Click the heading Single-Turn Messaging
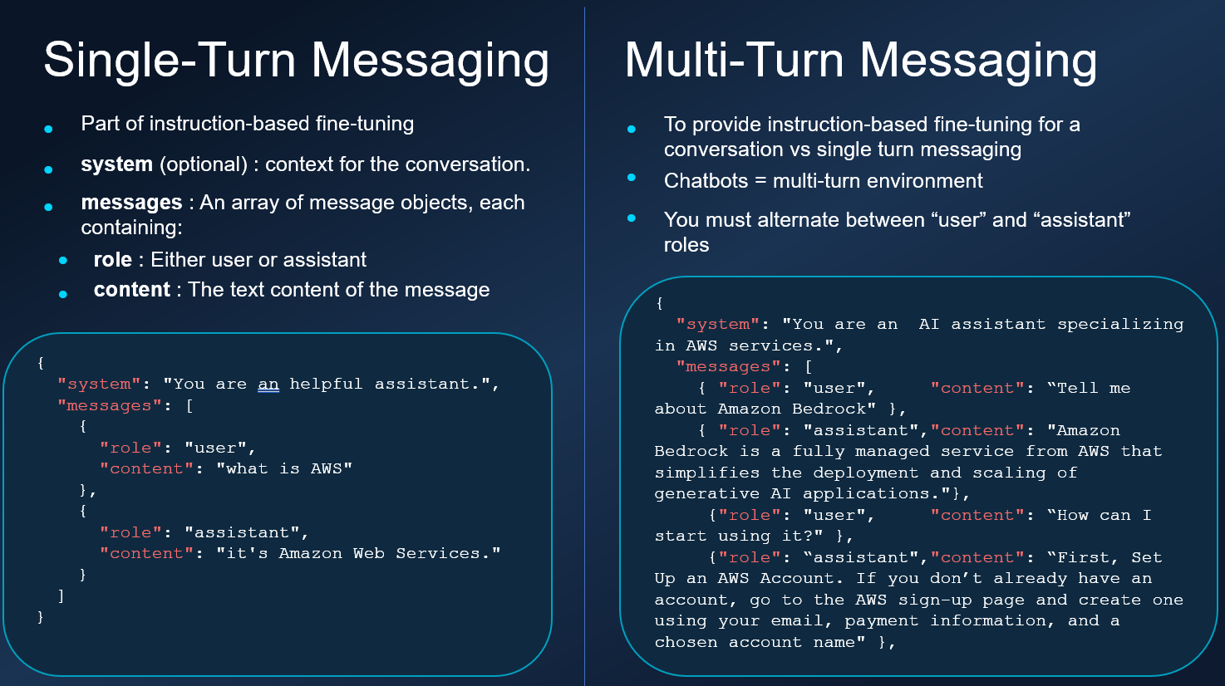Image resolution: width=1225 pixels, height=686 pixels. click(296, 61)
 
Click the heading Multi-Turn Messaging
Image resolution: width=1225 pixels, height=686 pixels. click(860, 61)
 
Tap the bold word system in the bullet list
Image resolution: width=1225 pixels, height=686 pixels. click(116, 164)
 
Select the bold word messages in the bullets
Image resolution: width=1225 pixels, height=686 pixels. click(131, 203)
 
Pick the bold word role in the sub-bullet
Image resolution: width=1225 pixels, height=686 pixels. click(112, 260)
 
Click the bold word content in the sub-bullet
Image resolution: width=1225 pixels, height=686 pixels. click(131, 290)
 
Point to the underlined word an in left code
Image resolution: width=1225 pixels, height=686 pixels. click(268, 385)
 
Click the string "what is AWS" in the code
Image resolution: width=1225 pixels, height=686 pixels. click(284, 469)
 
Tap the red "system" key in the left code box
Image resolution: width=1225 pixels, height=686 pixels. click(99, 385)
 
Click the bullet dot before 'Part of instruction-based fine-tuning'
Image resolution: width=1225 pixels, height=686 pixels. click(48, 129)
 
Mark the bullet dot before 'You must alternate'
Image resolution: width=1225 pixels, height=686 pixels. click(632, 218)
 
